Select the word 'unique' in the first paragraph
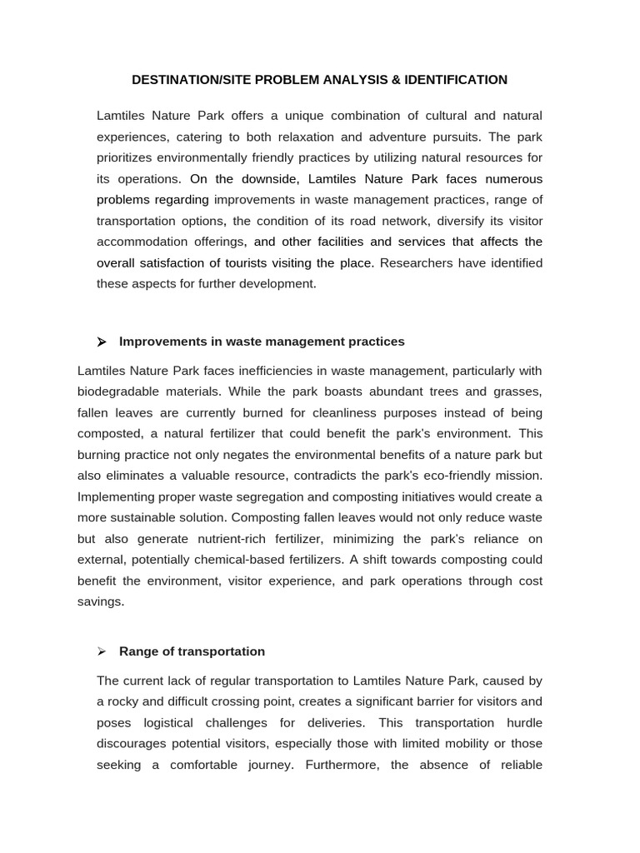289,116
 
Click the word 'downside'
269,179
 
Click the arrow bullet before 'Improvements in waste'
102,342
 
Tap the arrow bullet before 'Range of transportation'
102,652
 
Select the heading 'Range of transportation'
192,652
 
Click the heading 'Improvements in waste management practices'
262,342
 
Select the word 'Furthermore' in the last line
342,765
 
